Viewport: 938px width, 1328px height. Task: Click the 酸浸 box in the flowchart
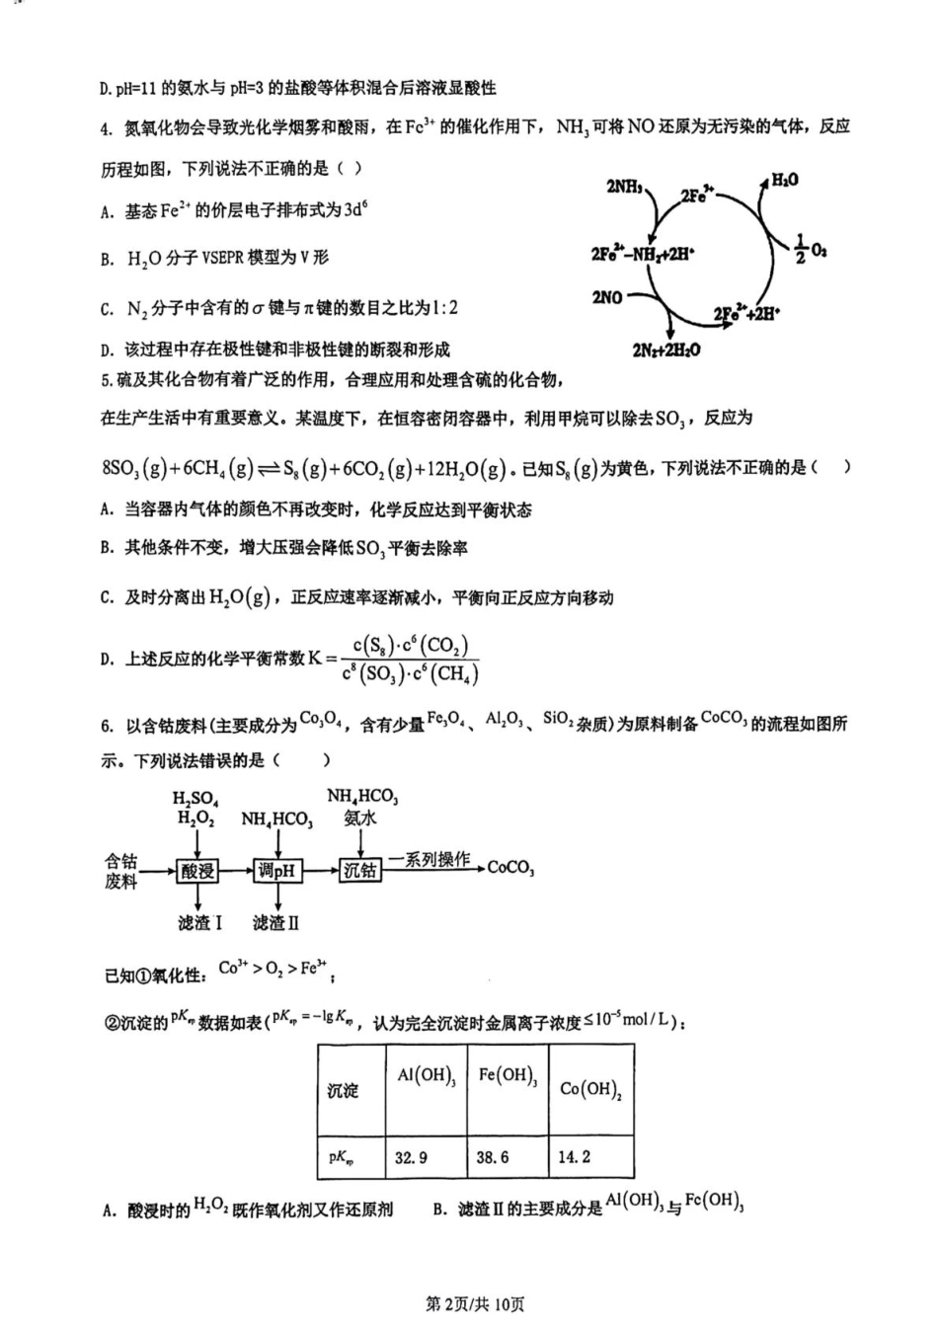(197, 871)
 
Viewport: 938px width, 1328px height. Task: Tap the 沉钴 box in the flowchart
(359, 870)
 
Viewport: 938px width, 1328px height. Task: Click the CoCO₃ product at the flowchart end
(510, 869)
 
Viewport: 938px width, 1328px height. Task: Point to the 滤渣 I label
(199, 923)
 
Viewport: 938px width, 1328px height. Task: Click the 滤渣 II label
(275, 923)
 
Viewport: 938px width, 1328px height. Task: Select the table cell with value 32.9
(412, 1157)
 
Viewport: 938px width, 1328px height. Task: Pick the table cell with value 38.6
(493, 1157)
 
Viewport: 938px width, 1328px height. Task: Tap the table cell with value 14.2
(575, 1157)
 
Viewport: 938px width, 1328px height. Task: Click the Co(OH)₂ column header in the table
(589, 1089)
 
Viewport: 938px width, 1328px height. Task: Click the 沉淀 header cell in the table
(343, 1091)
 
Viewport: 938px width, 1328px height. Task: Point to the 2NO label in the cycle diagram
(607, 296)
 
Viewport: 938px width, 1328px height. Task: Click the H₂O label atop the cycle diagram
(784, 180)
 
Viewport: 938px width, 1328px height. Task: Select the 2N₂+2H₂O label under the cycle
(666, 350)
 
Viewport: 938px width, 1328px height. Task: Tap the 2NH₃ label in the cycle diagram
(625, 187)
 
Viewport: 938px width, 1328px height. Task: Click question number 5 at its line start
(106, 380)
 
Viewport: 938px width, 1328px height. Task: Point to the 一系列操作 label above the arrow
(430, 859)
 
